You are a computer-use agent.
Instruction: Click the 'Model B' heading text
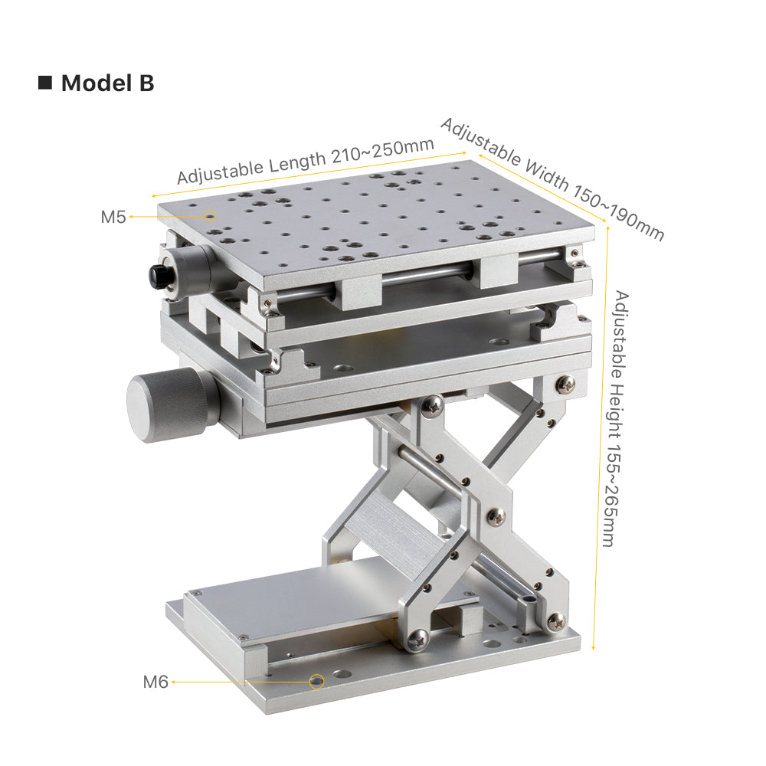pyautogui.click(x=107, y=83)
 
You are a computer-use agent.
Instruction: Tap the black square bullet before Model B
pyautogui.click(x=45, y=83)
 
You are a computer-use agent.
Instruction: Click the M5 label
pyautogui.click(x=113, y=217)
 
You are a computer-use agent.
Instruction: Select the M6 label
pyautogui.click(x=155, y=682)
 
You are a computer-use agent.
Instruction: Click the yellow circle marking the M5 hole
pyautogui.click(x=210, y=216)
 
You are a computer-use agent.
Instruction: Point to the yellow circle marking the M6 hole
pyautogui.click(x=316, y=681)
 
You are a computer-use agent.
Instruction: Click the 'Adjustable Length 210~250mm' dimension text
pyautogui.click(x=306, y=160)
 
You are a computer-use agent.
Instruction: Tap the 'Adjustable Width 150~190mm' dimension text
pyautogui.click(x=552, y=178)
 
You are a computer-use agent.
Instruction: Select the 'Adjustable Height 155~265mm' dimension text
pyautogui.click(x=616, y=419)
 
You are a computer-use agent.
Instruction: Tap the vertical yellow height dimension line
pyautogui.click(x=601, y=438)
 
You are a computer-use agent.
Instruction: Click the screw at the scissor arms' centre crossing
pyautogui.click(x=496, y=516)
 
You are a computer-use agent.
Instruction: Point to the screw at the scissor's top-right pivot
pyautogui.click(x=565, y=384)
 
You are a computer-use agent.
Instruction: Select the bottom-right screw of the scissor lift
pyautogui.click(x=556, y=622)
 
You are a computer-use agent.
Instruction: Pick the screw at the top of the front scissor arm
pyautogui.click(x=432, y=405)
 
